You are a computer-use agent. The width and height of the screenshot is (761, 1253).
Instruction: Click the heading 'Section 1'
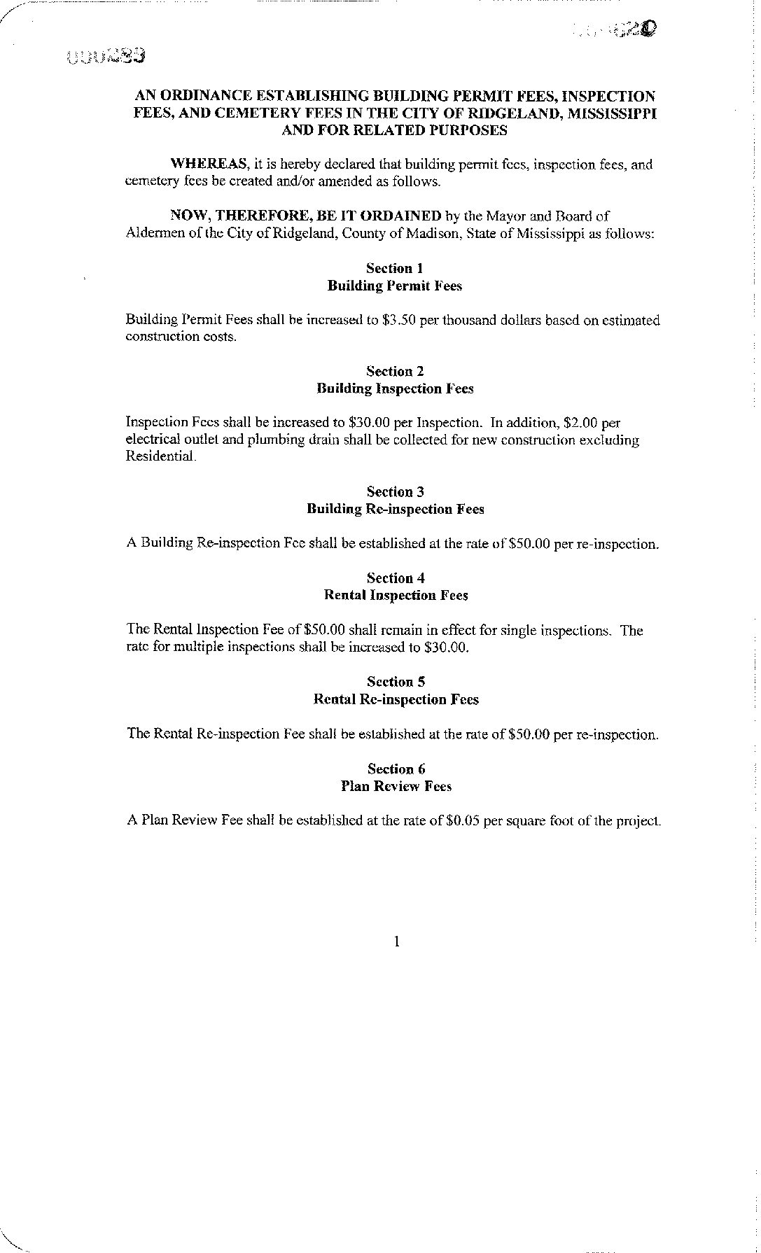pyautogui.click(x=395, y=268)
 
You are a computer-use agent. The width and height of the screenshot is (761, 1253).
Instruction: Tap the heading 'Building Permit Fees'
pyautogui.click(x=395, y=286)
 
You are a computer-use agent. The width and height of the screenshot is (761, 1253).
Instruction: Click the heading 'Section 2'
pyautogui.click(x=395, y=371)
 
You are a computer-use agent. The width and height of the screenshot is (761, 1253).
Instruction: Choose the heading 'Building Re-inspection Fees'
pyautogui.click(x=395, y=509)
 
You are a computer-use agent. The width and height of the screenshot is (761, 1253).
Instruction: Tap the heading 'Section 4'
pyautogui.click(x=396, y=578)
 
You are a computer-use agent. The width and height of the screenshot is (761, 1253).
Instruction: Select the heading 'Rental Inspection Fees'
pyautogui.click(x=396, y=596)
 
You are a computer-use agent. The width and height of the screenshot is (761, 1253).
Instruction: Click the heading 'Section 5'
pyautogui.click(x=396, y=682)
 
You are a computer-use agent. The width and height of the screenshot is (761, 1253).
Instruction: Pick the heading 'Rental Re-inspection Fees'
pyautogui.click(x=396, y=699)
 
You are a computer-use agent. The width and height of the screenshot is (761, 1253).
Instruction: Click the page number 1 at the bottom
pyautogui.click(x=396, y=941)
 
